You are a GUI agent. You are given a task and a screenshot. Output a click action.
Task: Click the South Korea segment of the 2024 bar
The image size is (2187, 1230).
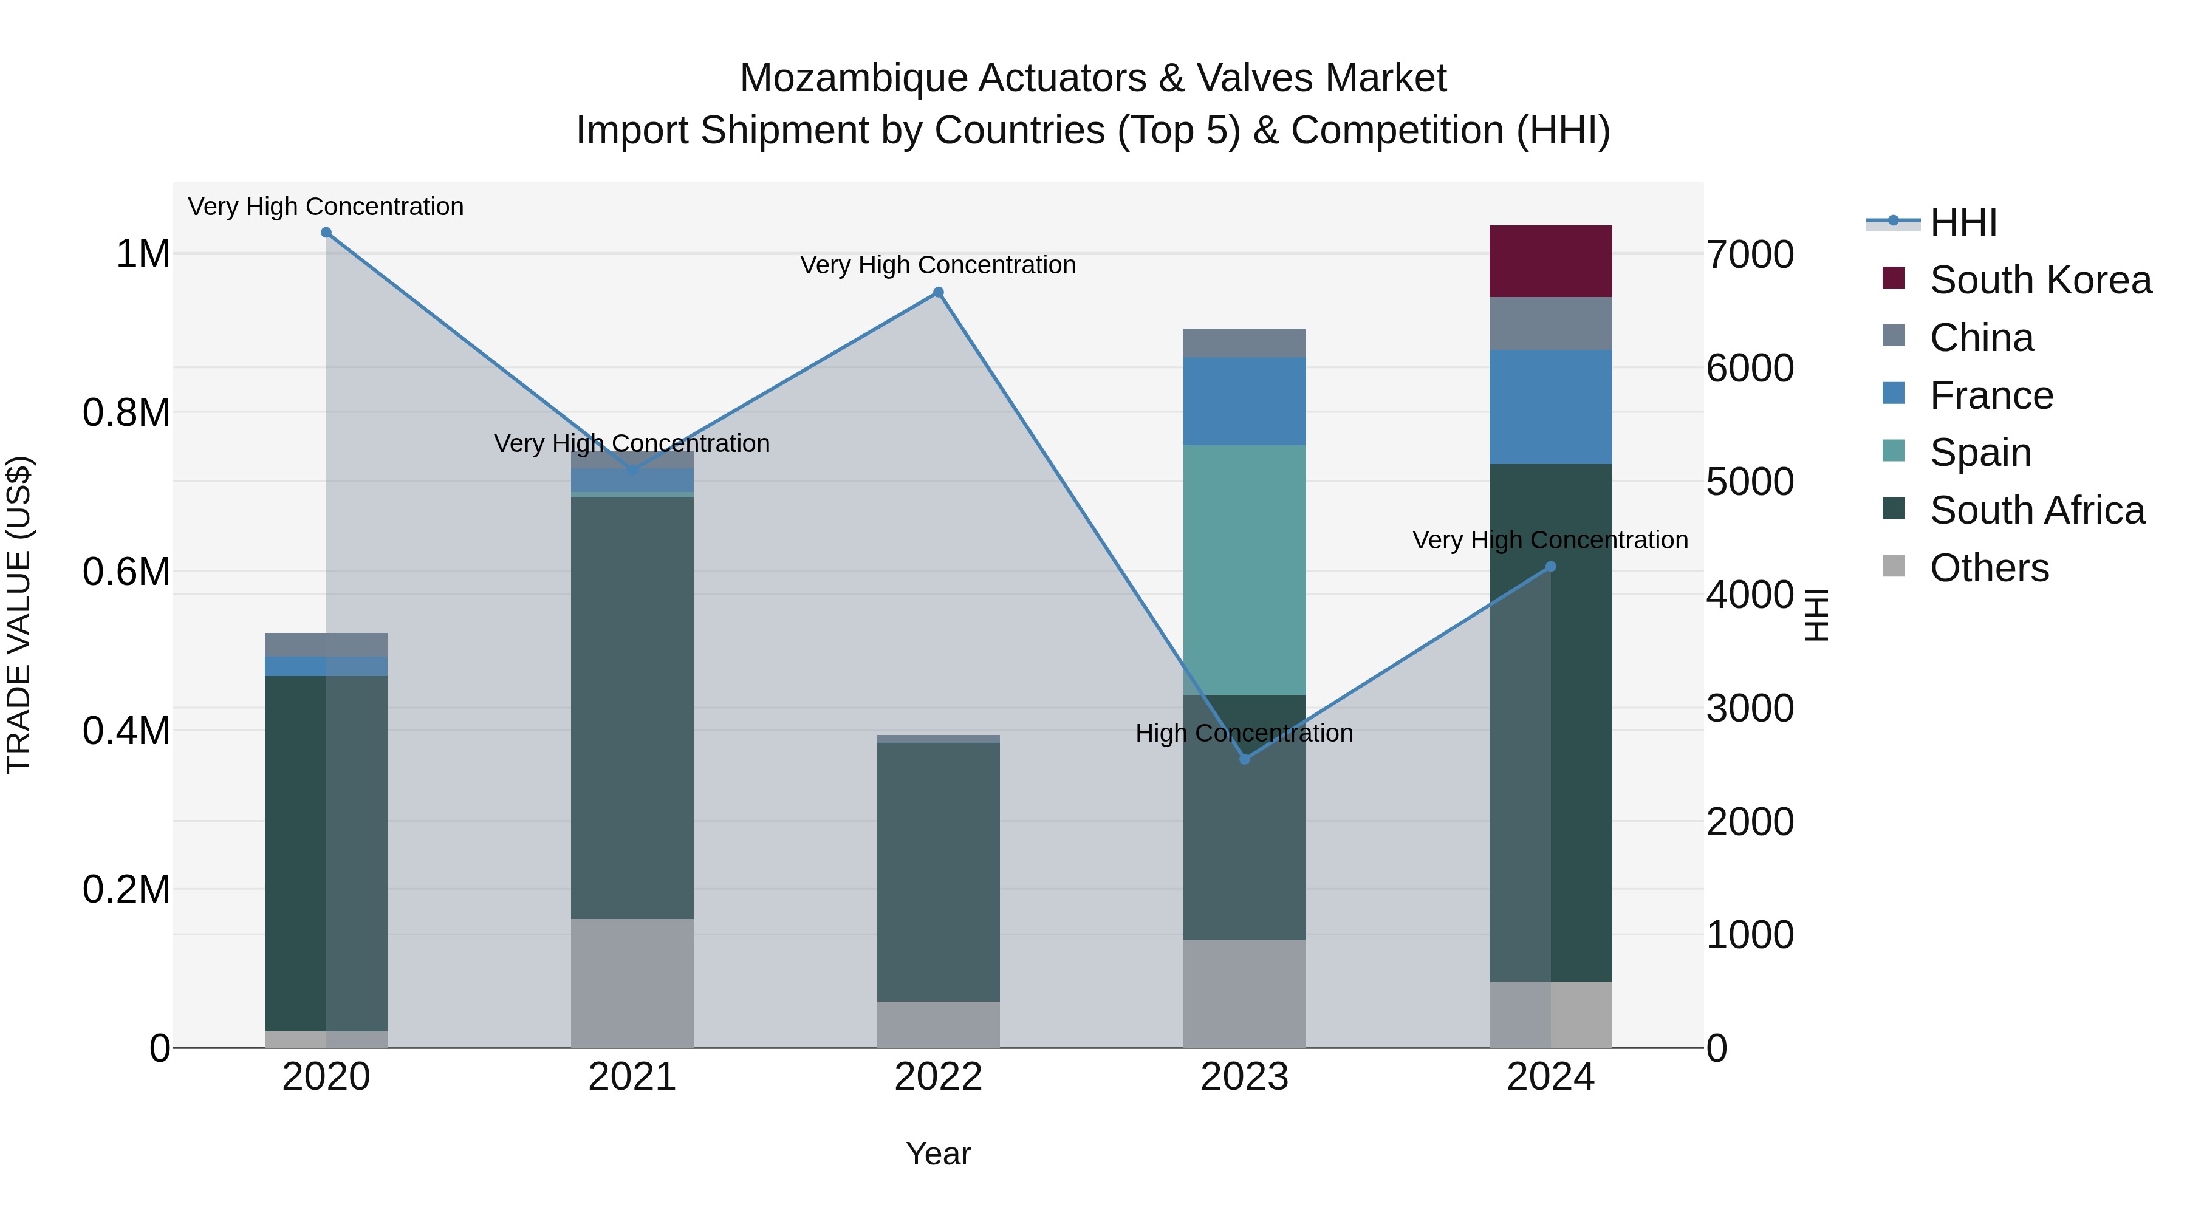(x=1550, y=261)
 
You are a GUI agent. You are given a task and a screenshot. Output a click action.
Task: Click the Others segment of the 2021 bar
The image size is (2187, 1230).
(x=632, y=982)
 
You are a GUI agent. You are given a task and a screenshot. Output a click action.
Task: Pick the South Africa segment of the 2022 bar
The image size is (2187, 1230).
(x=938, y=871)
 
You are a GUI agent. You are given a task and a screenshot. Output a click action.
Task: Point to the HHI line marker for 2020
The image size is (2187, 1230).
(x=326, y=233)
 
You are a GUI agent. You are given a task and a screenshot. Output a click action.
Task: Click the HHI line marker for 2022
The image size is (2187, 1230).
(x=938, y=293)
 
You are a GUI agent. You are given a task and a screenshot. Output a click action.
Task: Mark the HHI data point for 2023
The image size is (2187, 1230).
(x=1245, y=759)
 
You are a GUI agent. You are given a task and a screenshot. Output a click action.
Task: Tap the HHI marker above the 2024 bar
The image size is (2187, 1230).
(x=1550, y=566)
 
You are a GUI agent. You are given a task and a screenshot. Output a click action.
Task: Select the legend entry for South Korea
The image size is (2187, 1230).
(x=2039, y=280)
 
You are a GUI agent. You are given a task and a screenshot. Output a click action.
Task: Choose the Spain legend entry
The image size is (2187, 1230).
(x=1980, y=453)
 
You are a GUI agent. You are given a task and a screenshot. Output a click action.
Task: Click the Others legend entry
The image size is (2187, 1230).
(x=1988, y=568)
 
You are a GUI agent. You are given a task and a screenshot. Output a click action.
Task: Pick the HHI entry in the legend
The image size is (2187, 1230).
(x=1962, y=222)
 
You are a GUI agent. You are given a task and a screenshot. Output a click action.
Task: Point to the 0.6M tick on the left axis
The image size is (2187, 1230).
(x=126, y=572)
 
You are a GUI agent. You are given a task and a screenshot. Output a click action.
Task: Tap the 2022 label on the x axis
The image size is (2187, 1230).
(x=938, y=1077)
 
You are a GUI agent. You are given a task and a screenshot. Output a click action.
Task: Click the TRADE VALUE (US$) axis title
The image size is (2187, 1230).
(x=19, y=615)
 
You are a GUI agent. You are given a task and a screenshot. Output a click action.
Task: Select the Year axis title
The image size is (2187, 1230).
(x=938, y=1153)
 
